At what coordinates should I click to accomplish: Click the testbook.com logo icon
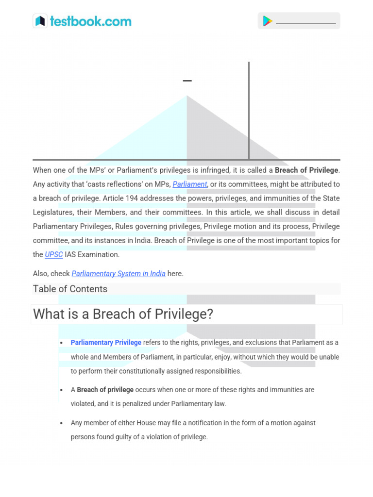coord(40,21)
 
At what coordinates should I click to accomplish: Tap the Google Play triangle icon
coord(268,21)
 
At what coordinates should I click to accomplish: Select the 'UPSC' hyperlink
coord(54,255)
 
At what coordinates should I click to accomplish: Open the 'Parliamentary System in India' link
coord(119,274)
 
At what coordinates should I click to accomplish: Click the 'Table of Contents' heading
coord(70,289)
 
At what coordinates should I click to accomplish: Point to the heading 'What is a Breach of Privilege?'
coord(123,315)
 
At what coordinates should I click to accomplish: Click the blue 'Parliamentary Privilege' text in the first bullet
coord(106,343)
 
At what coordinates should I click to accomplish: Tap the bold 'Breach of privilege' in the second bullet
coord(105,390)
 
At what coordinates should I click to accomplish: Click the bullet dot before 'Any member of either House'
coord(61,423)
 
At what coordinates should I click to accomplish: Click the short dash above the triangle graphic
coord(187,81)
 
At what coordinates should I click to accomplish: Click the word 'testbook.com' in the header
coord(90,21)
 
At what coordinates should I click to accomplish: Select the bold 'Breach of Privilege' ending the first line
coord(306,170)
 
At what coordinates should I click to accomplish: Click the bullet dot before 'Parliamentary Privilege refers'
coord(61,343)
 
